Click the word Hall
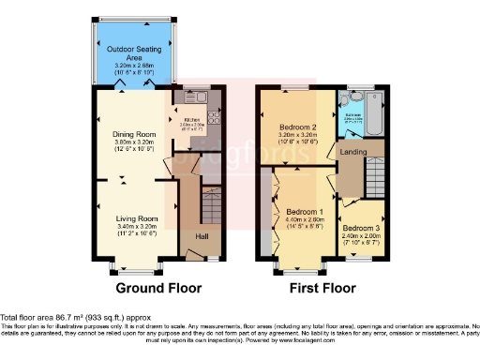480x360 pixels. coord(201,236)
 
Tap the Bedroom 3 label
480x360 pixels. coord(361,228)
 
